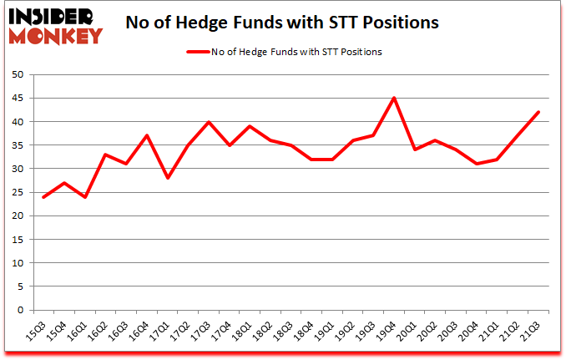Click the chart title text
[281, 23]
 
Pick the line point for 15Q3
[43, 197]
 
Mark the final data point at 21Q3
[538, 112]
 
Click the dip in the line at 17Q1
[168, 178]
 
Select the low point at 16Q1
[85, 197]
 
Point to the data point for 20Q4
[476, 164]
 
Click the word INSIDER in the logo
[52, 16]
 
